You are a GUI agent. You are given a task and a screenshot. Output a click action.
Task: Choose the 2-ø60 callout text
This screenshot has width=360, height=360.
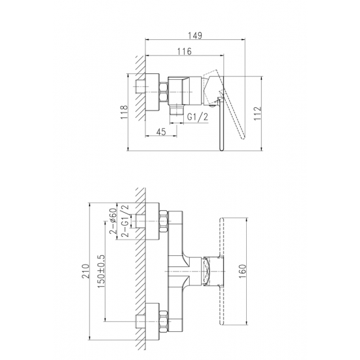pyautogui.click(x=113, y=222)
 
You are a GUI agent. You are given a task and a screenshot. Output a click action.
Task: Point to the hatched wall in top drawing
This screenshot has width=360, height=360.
pyautogui.click(x=139, y=92)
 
